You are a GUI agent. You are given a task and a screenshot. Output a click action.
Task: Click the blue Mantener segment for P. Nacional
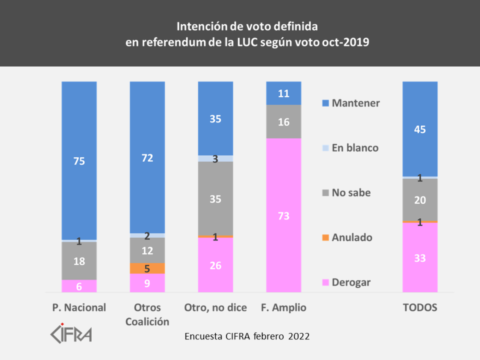tap(79, 160)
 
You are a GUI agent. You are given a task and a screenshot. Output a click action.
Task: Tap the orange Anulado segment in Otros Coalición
tap(147, 268)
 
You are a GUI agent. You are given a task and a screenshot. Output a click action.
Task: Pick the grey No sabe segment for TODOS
tap(420, 199)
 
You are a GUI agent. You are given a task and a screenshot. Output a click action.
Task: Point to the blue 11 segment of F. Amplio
tap(284, 93)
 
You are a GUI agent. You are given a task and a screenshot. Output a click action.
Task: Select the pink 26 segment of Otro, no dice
tap(216, 264)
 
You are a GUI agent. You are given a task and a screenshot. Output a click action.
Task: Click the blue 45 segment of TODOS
tap(420, 129)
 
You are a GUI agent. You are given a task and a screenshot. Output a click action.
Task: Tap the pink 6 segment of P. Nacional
tap(79, 286)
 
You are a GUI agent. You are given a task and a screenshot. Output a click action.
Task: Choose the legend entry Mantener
tap(351, 103)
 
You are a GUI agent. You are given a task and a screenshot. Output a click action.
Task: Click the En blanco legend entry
tap(350, 148)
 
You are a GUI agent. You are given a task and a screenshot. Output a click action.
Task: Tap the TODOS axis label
tap(420, 308)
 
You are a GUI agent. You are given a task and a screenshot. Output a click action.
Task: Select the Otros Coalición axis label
tap(147, 314)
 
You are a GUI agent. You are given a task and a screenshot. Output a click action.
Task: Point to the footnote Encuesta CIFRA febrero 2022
tap(247, 336)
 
